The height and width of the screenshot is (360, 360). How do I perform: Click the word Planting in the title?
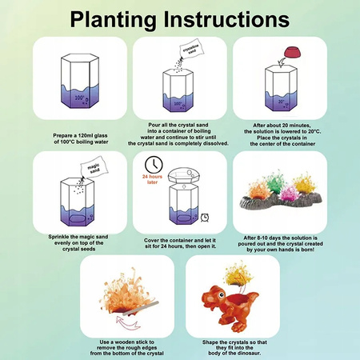coord(114,20)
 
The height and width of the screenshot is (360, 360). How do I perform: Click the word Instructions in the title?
coord(226,19)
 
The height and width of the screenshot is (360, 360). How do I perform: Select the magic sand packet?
coord(94,166)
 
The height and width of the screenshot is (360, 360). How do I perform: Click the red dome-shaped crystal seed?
coord(293,52)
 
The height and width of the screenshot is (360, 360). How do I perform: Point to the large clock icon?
coord(154,165)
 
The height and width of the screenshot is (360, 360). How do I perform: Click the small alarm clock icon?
coord(205,218)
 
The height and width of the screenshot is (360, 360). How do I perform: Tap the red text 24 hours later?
coord(152,179)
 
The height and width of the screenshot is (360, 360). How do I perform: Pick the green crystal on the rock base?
coord(275,182)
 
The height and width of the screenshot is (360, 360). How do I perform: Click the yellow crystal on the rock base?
coord(305,182)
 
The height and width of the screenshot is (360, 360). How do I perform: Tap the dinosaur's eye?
coord(222,294)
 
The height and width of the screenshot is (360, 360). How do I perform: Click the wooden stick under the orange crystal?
coord(141,309)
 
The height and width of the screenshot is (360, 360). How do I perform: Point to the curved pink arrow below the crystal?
coord(128,322)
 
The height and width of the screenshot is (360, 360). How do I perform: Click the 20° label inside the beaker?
coord(281,102)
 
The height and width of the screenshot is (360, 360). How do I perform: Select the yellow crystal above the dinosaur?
coord(238,274)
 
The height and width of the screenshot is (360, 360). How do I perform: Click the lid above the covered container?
coord(184,175)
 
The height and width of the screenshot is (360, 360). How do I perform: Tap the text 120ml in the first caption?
coord(86,135)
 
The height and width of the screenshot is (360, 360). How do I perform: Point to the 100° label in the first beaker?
coord(79,98)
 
